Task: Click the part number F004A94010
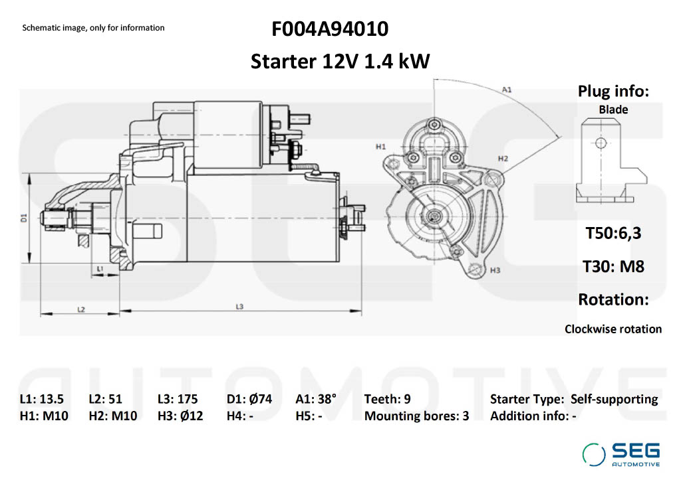(x=330, y=30)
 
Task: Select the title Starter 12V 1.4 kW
(x=340, y=61)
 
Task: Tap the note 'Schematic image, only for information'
(x=93, y=28)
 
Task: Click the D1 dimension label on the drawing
(x=23, y=217)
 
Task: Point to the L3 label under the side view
(x=239, y=306)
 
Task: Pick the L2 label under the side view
(x=80, y=309)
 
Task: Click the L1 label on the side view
(x=99, y=268)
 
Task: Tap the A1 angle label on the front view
(x=507, y=89)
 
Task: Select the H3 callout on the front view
(x=495, y=271)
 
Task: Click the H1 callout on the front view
(x=381, y=145)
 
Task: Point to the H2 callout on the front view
(x=503, y=159)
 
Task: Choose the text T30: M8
(x=613, y=266)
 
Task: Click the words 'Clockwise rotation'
(x=613, y=329)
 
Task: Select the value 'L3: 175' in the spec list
(x=178, y=399)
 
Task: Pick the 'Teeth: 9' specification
(x=387, y=399)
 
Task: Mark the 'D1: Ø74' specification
(x=249, y=399)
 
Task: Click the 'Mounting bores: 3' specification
(x=416, y=416)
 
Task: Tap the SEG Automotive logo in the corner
(x=621, y=454)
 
